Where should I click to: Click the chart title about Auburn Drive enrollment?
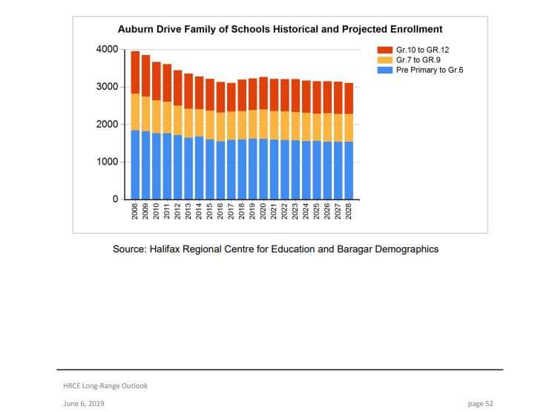[280, 30]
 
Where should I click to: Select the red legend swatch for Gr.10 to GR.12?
[386, 49]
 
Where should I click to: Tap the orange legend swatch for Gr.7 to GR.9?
[386, 59]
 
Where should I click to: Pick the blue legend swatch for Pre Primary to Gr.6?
[386, 70]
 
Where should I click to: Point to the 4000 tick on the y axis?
[107, 50]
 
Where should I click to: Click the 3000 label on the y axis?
[107, 87]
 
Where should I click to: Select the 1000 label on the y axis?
[107, 162]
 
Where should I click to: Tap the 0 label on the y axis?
[116, 200]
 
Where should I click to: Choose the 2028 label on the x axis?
[349, 213]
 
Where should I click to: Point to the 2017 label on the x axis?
[232, 213]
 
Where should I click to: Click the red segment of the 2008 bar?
[136, 72]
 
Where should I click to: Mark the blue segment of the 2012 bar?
[178, 167]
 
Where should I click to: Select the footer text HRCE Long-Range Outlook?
[105, 385]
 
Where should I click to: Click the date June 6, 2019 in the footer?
[83, 403]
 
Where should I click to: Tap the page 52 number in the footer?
[480, 403]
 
